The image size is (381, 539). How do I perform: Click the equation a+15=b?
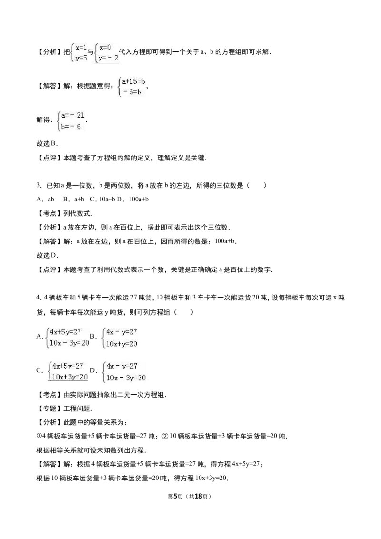click(133, 81)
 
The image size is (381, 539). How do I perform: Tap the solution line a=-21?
click(73, 115)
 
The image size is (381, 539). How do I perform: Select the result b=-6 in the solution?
click(71, 127)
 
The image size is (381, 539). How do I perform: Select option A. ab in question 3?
click(45, 199)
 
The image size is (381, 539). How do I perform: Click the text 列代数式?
click(77, 213)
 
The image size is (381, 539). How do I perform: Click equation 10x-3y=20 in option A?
click(70, 343)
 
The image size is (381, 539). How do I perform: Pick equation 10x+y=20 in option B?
click(122, 343)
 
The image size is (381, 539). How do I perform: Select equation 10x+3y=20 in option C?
click(70, 377)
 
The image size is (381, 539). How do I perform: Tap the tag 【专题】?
click(50, 409)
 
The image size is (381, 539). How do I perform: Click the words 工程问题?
click(77, 409)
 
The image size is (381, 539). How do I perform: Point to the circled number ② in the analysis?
click(165, 436)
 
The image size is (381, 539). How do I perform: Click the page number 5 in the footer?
click(175, 496)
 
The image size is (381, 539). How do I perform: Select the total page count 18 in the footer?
click(198, 496)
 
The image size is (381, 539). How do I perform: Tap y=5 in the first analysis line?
click(81, 58)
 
